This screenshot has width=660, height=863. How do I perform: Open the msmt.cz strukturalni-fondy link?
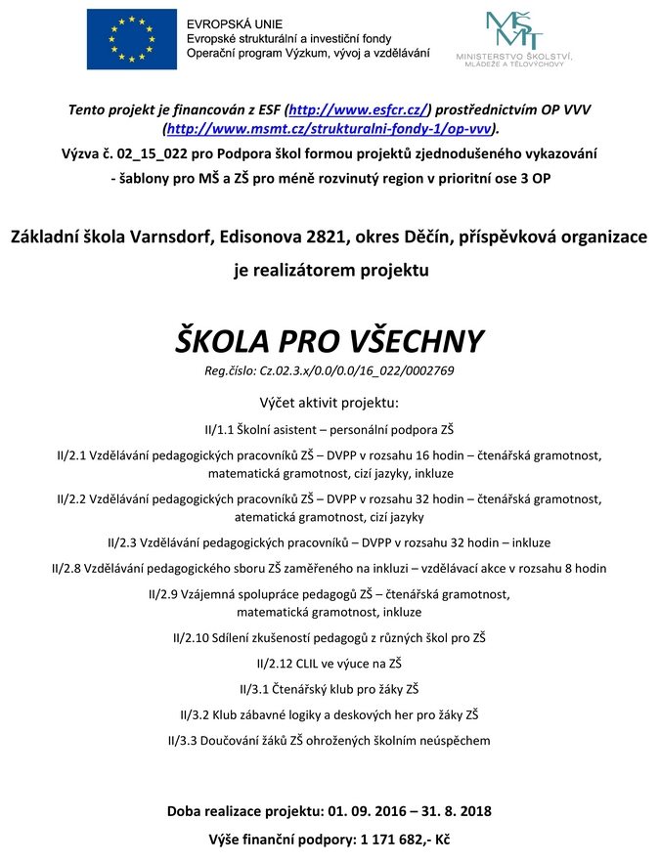pos(330,128)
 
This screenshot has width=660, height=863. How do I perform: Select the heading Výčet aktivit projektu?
pos(330,403)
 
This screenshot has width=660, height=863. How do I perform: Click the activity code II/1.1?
pos(220,429)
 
